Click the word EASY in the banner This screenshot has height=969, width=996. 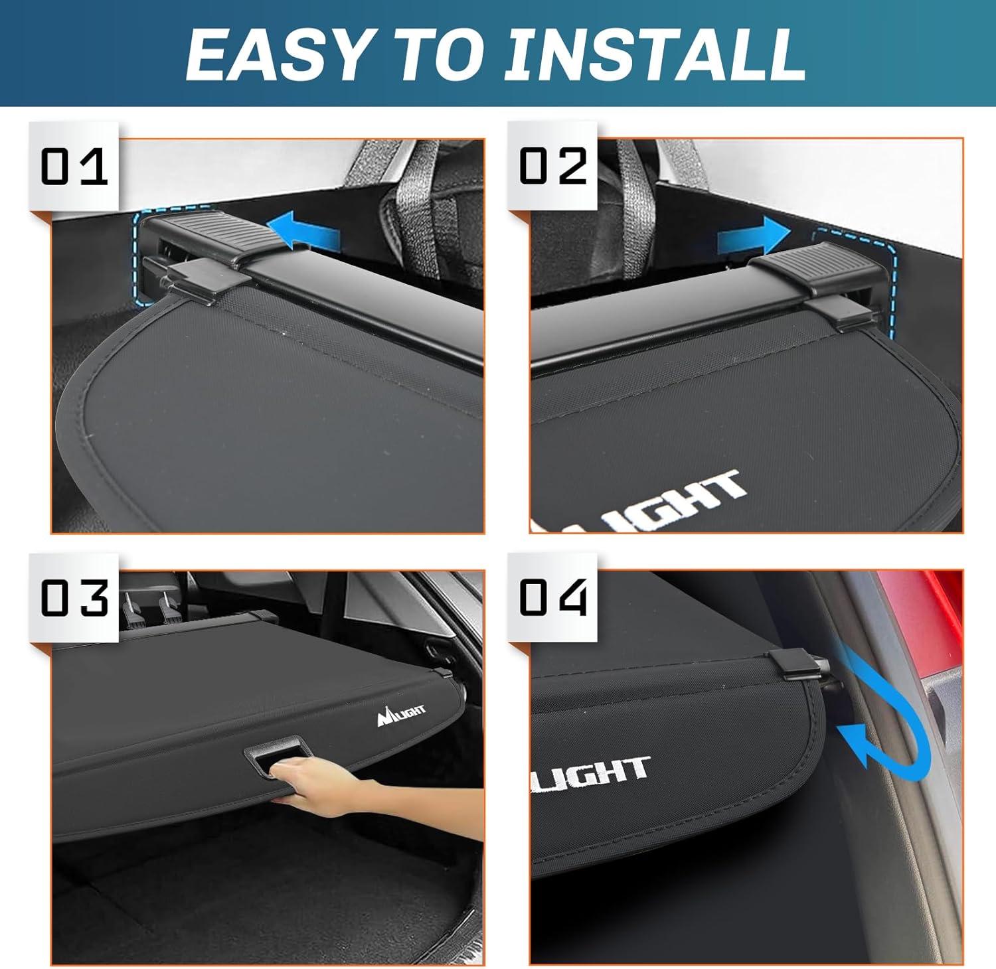276,54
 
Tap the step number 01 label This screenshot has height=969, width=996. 74,167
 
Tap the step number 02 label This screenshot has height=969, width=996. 552,167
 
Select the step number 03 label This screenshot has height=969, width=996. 74,598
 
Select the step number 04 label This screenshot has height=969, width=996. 552,598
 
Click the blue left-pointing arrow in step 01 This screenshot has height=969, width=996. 307,233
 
